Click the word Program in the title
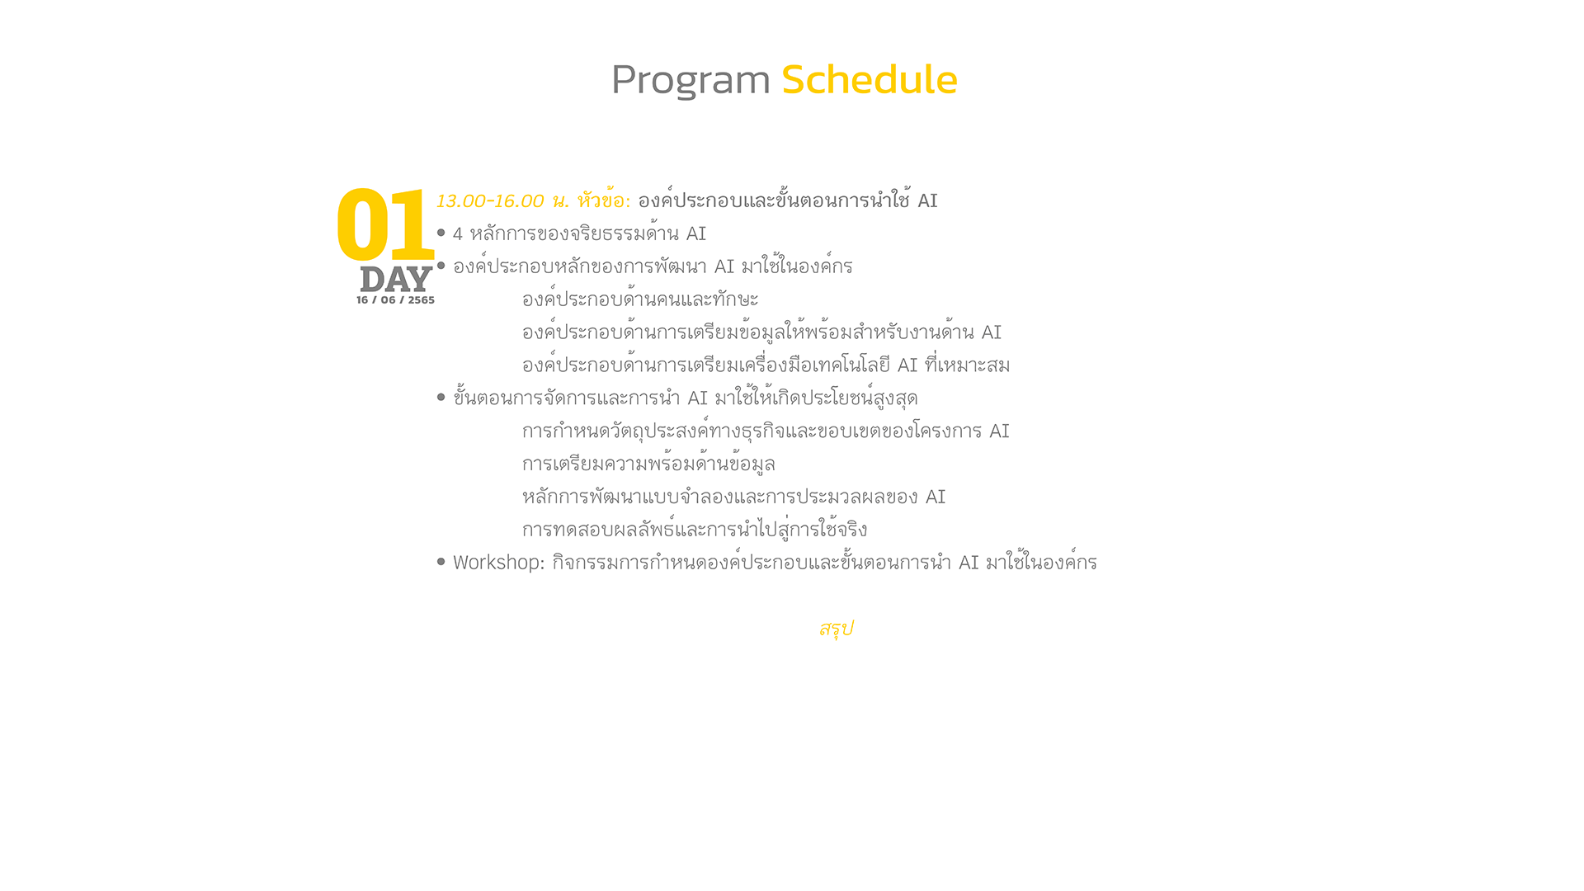coord(691,81)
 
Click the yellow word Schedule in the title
coord(870,79)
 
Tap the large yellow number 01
coord(385,225)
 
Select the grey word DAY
coord(396,280)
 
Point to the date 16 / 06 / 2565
coord(395,300)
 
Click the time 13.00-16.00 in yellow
coord(490,201)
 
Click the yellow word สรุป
coord(836,629)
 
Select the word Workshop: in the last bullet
coord(499,563)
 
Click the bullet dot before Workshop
coord(441,562)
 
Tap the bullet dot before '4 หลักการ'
coord(441,233)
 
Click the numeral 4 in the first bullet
coord(458,234)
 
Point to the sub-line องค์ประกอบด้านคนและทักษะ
coord(640,299)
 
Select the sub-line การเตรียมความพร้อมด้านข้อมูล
coord(648,464)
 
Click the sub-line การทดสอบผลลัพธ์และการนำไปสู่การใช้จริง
coord(695,529)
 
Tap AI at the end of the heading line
coord(927,201)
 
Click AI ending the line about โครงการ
coord(999,431)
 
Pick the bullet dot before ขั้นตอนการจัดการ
coord(441,398)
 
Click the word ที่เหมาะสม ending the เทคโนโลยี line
coord(967,365)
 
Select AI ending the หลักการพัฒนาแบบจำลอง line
coord(936,497)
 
